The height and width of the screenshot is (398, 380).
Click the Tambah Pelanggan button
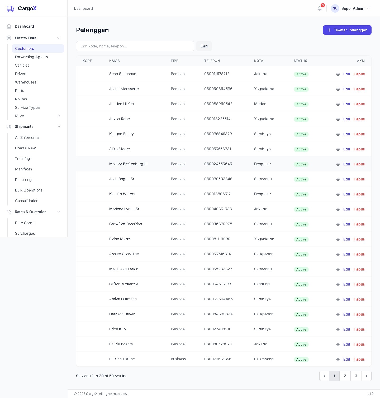(x=347, y=30)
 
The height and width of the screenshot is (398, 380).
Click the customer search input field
(x=135, y=46)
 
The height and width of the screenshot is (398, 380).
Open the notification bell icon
(x=320, y=8)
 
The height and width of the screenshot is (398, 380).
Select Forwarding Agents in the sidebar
(x=31, y=57)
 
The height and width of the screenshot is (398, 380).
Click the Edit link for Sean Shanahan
(x=346, y=74)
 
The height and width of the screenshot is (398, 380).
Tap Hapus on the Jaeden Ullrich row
(x=359, y=104)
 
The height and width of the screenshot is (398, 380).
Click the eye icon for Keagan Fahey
(x=338, y=134)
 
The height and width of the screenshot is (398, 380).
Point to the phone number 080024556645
(x=218, y=164)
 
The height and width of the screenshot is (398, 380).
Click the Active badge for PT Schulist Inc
(x=301, y=360)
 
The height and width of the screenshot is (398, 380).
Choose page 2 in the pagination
(x=345, y=376)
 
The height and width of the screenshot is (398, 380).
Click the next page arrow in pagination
(x=366, y=376)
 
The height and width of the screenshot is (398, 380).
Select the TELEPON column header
(x=212, y=61)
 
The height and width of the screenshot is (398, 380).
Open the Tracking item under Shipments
(x=22, y=159)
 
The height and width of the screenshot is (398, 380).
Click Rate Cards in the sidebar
(x=25, y=223)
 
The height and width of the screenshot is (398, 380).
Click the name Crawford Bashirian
(x=126, y=224)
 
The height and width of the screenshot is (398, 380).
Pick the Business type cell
(x=178, y=359)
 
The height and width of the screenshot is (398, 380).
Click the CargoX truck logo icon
(x=11, y=9)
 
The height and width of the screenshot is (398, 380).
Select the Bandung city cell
(x=262, y=284)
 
